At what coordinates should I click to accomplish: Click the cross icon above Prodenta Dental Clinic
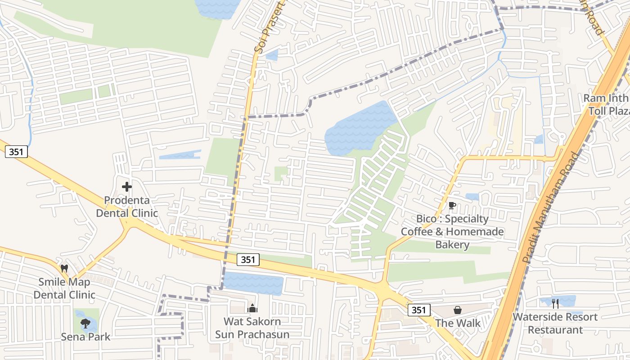127,186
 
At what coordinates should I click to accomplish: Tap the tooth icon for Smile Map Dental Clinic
64,268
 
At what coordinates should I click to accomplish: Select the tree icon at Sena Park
85,323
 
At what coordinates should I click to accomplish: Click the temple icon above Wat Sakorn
252,308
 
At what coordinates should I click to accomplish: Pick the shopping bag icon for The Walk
458,310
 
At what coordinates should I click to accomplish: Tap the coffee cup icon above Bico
452,206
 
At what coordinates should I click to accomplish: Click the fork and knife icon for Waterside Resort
555,304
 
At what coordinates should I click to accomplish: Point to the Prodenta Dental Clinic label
127,207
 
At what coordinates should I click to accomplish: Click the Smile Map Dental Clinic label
64,288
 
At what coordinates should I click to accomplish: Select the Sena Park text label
85,337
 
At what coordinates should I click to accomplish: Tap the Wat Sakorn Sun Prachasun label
252,328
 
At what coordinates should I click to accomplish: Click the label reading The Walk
458,323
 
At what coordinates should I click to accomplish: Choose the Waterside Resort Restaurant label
555,323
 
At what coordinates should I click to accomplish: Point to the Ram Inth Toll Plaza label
606,104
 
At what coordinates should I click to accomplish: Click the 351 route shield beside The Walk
419,310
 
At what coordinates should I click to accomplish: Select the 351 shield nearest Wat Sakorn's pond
248,260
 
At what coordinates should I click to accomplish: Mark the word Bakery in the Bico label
452,245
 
